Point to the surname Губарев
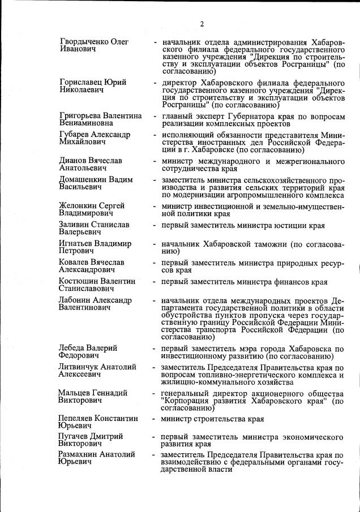click(76, 135)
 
